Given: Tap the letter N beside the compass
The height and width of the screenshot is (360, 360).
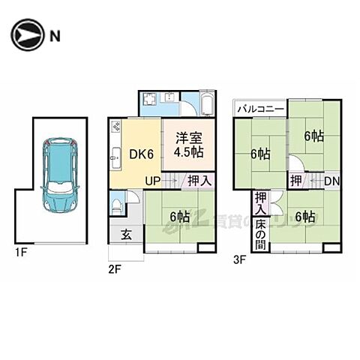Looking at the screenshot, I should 55,35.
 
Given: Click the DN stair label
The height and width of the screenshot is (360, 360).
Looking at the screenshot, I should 331,180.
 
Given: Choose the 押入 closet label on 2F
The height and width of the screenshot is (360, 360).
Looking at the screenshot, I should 199,180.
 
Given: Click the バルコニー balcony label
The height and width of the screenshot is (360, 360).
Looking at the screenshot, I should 259,109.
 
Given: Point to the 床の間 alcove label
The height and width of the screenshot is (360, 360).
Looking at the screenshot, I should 260,234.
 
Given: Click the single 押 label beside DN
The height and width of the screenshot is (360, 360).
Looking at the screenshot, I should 296,180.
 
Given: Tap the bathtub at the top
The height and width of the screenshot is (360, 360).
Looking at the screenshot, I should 208,105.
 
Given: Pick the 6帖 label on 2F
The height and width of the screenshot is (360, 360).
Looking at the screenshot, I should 179,217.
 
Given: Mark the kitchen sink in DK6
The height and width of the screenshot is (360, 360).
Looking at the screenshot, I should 115,157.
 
